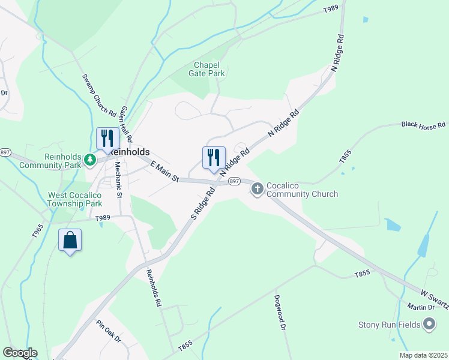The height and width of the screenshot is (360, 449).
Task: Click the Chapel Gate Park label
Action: click(209, 69)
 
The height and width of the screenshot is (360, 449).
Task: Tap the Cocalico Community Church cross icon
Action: click(258, 190)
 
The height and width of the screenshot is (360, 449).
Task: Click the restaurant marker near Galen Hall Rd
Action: click(107, 138)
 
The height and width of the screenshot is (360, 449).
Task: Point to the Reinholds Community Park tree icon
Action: click(90, 160)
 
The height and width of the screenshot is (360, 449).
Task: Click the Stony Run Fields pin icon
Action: click(429, 325)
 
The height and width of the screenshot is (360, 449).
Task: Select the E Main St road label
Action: click(164, 172)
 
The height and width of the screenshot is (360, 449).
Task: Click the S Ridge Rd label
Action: click(203, 205)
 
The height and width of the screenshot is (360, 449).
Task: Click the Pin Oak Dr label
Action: click(109, 331)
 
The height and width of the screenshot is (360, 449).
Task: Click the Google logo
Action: click(20, 353)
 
